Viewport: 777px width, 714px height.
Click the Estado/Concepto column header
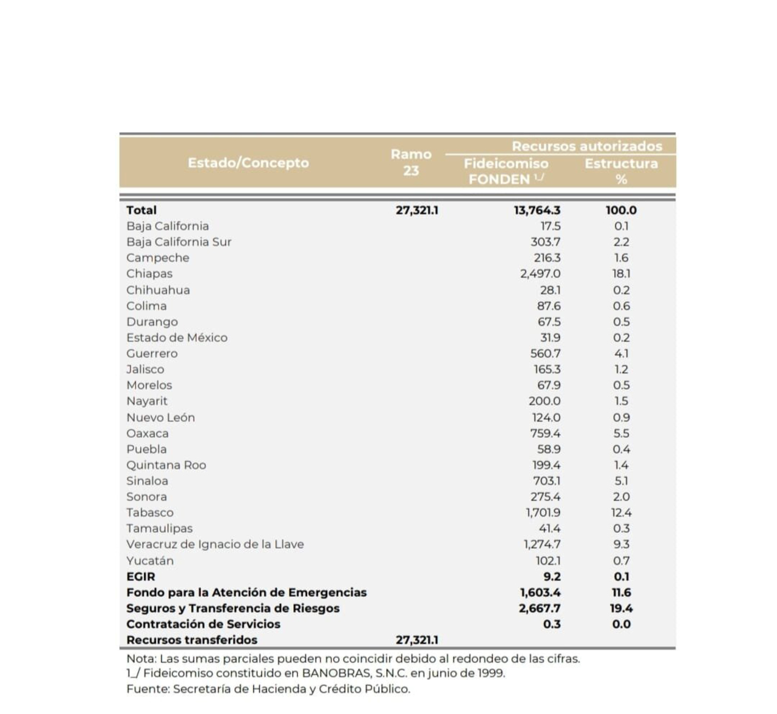(x=248, y=163)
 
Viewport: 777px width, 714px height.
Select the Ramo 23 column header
(x=411, y=163)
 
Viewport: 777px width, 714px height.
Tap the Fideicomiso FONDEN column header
(x=506, y=171)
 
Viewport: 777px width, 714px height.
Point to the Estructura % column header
(x=621, y=171)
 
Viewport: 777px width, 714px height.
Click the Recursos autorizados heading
(x=586, y=146)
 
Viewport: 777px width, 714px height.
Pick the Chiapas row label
(x=149, y=274)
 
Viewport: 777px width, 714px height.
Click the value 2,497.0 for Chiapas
(x=540, y=274)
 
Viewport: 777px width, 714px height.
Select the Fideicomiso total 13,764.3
(x=537, y=210)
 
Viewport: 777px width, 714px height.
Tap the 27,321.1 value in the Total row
(x=416, y=210)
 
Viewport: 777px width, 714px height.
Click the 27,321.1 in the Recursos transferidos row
(x=416, y=640)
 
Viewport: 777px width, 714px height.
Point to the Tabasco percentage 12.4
(x=621, y=513)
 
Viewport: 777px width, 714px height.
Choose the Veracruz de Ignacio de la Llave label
(x=215, y=545)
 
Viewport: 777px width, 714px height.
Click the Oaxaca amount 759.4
(x=545, y=433)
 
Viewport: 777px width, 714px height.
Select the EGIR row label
(x=141, y=577)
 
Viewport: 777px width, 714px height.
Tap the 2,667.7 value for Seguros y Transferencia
(x=540, y=608)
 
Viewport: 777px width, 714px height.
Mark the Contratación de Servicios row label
(x=203, y=624)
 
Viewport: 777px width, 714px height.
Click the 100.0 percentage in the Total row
(x=621, y=210)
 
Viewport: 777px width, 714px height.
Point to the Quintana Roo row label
(x=166, y=465)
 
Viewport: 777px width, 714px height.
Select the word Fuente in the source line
(x=147, y=689)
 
